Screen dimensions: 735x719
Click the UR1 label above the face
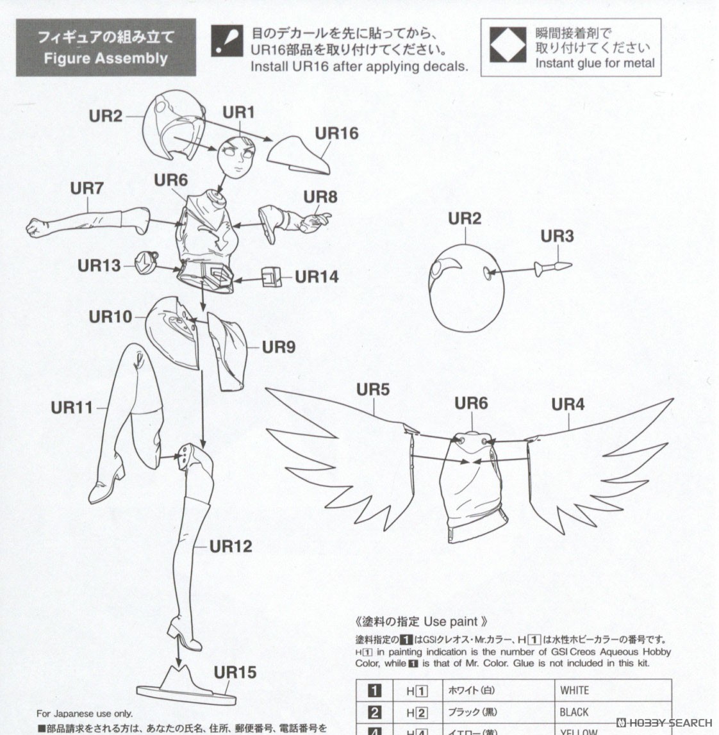[238, 113]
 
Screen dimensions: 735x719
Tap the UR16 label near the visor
[336, 133]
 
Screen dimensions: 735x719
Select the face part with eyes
[236, 158]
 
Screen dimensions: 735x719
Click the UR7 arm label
[87, 188]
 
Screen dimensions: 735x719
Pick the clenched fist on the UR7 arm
[38, 227]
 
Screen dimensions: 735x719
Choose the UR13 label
[99, 265]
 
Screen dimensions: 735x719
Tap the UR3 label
[557, 236]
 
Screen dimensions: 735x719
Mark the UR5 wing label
[373, 389]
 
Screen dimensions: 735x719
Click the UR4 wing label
[568, 404]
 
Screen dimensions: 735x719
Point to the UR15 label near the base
[235, 672]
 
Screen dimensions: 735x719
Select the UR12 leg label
[231, 546]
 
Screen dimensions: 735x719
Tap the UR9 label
[278, 347]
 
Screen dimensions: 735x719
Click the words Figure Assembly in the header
[106, 58]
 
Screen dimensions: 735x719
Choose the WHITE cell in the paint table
[574, 690]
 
